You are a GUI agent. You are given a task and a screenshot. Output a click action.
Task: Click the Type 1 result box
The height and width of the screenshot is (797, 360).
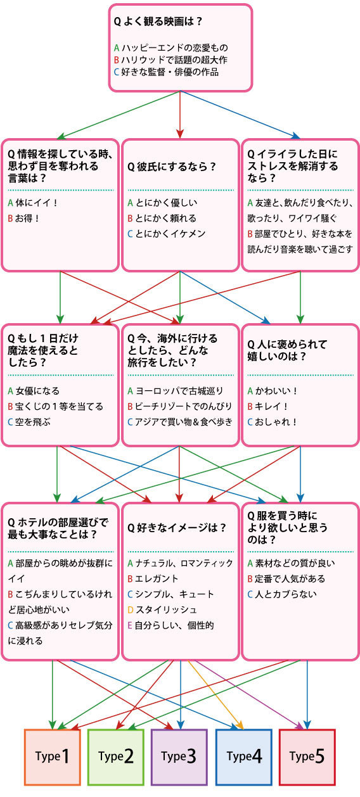(53, 757)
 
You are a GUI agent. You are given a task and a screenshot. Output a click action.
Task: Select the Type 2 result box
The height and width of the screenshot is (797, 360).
(116, 757)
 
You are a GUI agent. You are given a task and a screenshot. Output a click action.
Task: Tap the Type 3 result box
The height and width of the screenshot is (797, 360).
(179, 757)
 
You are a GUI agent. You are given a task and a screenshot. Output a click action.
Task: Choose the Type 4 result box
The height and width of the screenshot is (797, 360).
(244, 757)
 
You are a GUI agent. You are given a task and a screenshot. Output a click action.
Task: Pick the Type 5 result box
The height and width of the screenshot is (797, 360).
(307, 757)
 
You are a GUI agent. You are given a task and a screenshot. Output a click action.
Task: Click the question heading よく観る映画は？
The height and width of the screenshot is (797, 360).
(158, 22)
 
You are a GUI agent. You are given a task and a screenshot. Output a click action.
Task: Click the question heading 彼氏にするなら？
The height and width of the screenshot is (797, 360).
(172, 167)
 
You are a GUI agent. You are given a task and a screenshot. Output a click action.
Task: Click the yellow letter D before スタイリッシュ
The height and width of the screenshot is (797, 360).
(131, 610)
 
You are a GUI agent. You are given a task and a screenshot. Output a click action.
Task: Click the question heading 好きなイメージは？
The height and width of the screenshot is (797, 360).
(177, 527)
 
